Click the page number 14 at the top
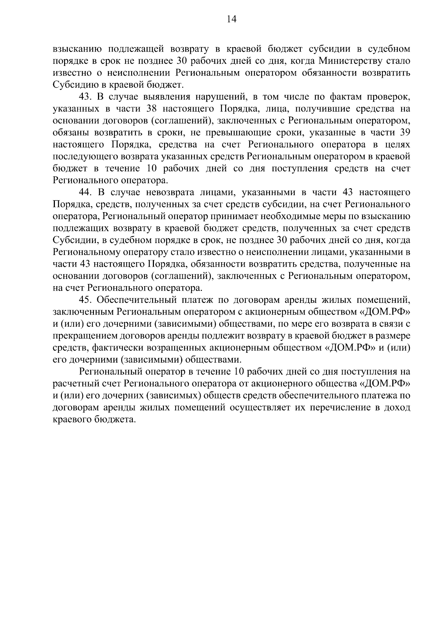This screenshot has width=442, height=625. click(231, 20)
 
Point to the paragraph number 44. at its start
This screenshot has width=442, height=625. click(86, 192)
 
